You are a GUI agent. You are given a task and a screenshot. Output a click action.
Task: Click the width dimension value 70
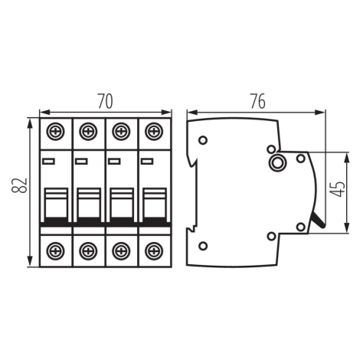point(105,102)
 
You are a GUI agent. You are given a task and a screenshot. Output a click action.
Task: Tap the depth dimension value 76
point(257,101)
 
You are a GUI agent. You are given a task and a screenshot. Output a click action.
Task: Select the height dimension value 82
point(20,185)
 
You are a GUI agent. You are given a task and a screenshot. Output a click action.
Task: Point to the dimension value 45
point(337,189)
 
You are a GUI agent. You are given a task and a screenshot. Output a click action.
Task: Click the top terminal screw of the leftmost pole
point(55,132)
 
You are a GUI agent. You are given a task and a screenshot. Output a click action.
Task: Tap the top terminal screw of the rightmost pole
point(154,132)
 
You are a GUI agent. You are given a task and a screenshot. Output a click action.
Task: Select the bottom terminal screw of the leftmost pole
point(55,251)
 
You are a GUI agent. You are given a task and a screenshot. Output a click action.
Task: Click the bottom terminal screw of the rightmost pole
point(154,251)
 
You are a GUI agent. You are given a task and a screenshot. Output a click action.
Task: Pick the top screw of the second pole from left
point(88,132)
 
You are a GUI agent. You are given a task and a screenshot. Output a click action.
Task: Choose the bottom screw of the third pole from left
point(121,251)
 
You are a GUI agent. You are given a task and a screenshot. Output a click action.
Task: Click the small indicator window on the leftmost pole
point(48,161)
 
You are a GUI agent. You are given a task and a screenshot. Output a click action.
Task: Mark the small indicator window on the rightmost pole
point(147,161)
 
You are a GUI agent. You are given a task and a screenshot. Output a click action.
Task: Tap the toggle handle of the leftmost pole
point(56,205)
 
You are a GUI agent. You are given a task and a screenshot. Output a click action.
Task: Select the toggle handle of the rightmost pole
point(155,205)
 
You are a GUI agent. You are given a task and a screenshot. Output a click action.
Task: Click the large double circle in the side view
point(278,162)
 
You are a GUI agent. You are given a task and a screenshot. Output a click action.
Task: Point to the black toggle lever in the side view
point(317,220)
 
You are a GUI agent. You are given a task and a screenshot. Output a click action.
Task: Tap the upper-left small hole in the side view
point(203,140)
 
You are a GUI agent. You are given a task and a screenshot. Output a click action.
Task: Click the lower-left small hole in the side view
point(203,246)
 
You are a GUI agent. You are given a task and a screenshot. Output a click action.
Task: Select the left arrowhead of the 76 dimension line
point(192,113)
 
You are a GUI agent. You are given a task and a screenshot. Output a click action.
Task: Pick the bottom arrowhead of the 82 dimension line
point(31,260)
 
